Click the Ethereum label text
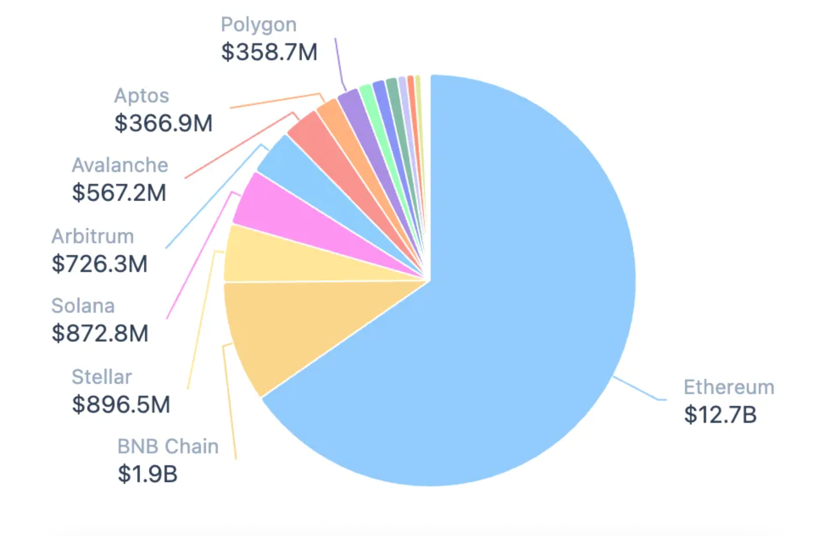pyautogui.click(x=729, y=387)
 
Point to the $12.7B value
pyautogui.click(x=720, y=414)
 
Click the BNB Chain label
pyautogui.click(x=168, y=447)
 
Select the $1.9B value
pyautogui.click(x=148, y=474)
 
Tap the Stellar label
pyautogui.click(x=102, y=377)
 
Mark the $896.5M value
pyautogui.click(x=121, y=404)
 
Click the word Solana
pyautogui.click(x=83, y=306)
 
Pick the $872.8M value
pyautogui.click(x=100, y=333)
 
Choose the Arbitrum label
pyautogui.click(x=92, y=236)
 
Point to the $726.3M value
pyautogui.click(x=99, y=264)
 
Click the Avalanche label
pyautogui.click(x=120, y=165)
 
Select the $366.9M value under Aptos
pyautogui.click(x=163, y=123)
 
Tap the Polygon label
pyautogui.click(x=259, y=25)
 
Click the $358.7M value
pyautogui.click(x=269, y=52)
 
